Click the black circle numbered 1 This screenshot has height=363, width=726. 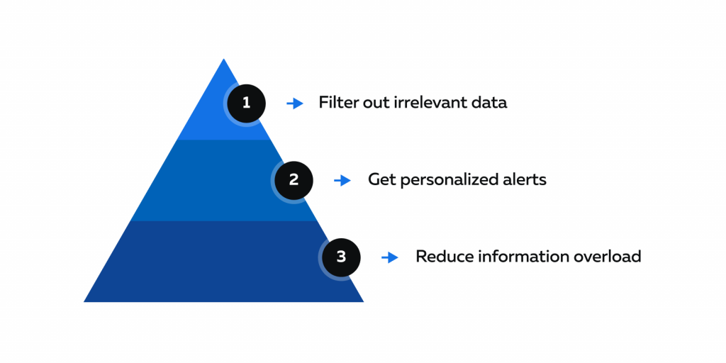coord(246,104)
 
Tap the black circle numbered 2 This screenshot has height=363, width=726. coord(294,180)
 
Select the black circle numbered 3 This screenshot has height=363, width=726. coord(341,257)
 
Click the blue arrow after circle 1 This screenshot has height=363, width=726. coord(295,104)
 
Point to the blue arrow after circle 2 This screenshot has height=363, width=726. coord(342,181)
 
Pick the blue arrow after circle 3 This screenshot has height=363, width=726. coord(390,257)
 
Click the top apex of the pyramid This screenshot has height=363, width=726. coord(223,59)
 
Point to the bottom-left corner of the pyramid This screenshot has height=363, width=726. coord(84,301)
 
